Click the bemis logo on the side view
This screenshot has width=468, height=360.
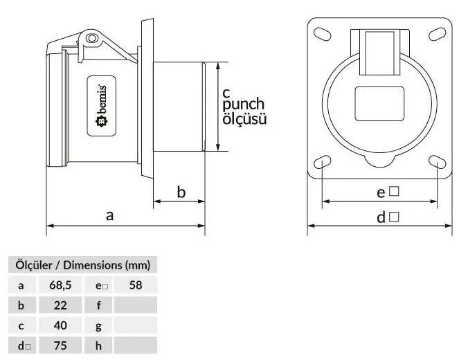102,106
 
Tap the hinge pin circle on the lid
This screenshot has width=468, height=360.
91,38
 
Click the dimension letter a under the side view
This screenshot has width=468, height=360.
109,215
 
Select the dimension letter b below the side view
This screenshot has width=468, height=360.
181,192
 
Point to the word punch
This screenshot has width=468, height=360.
243,105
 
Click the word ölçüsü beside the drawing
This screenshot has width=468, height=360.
244,119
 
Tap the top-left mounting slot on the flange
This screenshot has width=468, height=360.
323,34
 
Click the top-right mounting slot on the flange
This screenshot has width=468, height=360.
438,34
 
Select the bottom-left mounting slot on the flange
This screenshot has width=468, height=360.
323,162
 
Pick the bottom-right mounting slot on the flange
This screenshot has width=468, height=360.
438,162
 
